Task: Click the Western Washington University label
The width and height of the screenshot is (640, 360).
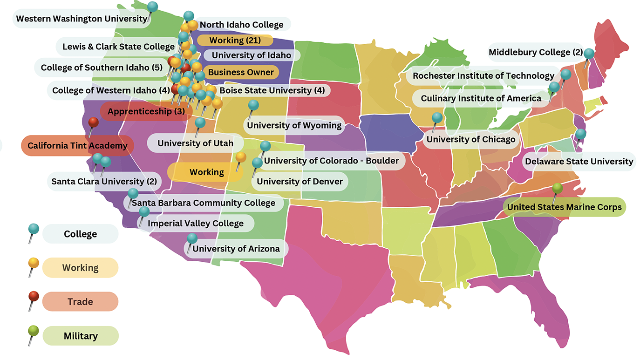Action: click(82, 19)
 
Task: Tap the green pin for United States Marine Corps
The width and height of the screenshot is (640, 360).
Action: click(557, 189)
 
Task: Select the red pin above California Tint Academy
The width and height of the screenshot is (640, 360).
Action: click(94, 122)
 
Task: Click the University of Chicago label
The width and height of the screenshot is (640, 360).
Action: click(471, 139)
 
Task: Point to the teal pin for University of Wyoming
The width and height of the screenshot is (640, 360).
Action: click(253, 105)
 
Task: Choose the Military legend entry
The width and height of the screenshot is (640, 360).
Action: click(81, 336)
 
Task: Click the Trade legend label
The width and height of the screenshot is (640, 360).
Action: click(80, 302)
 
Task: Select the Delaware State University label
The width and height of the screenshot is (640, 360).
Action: click(579, 162)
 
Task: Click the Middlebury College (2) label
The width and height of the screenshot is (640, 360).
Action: click(535, 53)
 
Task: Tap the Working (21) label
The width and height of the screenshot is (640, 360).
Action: click(235, 41)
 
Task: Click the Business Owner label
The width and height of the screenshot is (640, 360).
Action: click(241, 72)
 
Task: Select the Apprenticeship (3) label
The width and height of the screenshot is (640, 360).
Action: click(146, 112)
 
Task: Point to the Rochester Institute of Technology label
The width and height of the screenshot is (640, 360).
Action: click(483, 75)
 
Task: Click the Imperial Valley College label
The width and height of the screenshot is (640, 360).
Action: click(196, 224)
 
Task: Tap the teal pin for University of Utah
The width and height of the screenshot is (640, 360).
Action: click(200, 123)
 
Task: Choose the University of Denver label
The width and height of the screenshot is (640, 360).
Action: click(300, 181)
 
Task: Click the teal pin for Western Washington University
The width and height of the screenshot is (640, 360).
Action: click(152, 7)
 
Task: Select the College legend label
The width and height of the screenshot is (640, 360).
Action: click(81, 234)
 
